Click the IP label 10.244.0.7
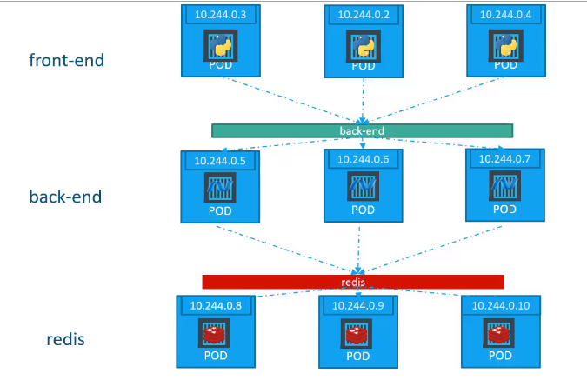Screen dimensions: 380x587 504,159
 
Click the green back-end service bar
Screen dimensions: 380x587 362,130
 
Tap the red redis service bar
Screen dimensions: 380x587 353,282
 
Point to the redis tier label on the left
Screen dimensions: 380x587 65,338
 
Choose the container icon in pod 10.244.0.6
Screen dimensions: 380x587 361,187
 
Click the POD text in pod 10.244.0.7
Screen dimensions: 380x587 504,210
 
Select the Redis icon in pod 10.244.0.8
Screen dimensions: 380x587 212,334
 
